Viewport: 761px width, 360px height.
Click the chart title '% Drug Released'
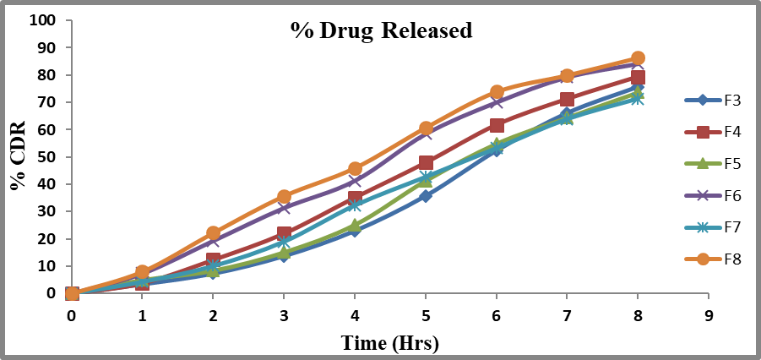click(x=381, y=30)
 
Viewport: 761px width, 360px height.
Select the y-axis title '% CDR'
click(x=19, y=156)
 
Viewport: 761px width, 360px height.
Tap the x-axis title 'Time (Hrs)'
click(x=390, y=343)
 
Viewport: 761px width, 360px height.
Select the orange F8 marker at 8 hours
click(x=638, y=58)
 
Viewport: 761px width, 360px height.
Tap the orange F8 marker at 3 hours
click(x=284, y=197)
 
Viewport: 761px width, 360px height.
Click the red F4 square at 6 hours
click(x=497, y=125)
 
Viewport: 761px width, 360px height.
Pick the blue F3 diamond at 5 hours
click(x=426, y=196)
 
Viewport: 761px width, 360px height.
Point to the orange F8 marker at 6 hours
click(x=497, y=92)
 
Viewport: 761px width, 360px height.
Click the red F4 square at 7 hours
click(x=568, y=100)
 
